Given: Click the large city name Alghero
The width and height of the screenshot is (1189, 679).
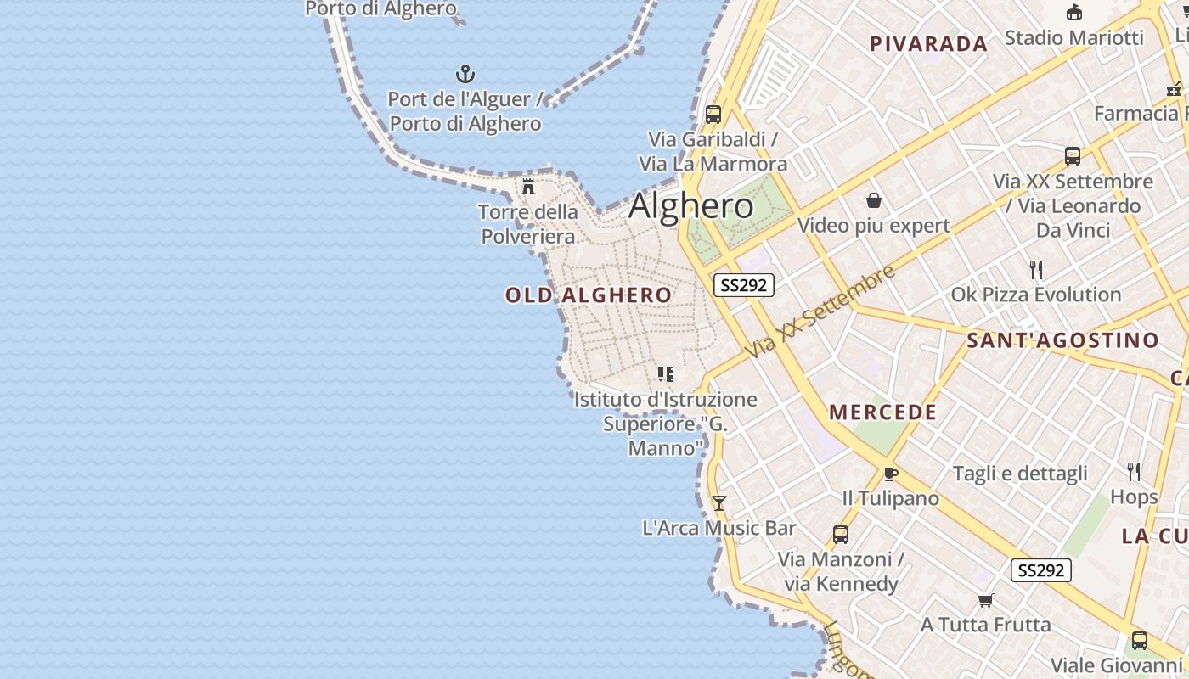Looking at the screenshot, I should (x=690, y=206).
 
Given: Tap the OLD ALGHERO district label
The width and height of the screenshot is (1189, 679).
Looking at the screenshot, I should (x=589, y=295).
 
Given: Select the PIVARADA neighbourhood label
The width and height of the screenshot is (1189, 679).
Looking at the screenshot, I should (x=928, y=44).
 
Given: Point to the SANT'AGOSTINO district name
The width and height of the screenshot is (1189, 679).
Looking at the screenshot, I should (x=1062, y=341).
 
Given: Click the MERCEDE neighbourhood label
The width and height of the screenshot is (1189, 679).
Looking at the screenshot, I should (x=883, y=412).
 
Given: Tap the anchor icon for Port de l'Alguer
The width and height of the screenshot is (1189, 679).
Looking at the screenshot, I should (x=465, y=74).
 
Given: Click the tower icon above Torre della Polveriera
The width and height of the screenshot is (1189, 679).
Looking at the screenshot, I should (x=528, y=186).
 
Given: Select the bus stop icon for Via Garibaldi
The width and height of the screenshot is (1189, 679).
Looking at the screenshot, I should (x=713, y=114).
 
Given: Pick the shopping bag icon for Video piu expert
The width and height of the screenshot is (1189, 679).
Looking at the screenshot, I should (x=874, y=200).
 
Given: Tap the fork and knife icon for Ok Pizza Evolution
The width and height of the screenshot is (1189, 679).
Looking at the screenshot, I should (x=1036, y=270).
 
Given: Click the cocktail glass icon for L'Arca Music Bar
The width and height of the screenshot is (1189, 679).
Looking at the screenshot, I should (x=718, y=503).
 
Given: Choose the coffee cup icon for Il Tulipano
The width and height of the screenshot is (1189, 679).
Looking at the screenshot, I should (x=890, y=474).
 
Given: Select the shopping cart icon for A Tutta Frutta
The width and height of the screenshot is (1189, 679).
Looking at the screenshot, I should (x=985, y=601).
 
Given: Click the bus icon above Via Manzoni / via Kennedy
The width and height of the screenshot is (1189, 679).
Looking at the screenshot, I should (x=841, y=535).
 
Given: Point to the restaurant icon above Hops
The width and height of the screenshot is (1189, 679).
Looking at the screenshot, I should (x=1134, y=472).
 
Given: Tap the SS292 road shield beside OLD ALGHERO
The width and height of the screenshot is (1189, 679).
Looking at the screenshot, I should (x=743, y=285).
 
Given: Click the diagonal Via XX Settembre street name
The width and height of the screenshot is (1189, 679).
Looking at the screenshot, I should (x=820, y=311).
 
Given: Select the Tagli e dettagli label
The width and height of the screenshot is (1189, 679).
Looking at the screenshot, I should (x=1020, y=474).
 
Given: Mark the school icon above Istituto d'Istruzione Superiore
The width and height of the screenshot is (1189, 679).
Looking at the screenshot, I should (x=666, y=373).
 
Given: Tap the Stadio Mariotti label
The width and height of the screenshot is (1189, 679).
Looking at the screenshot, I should (x=1074, y=38).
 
